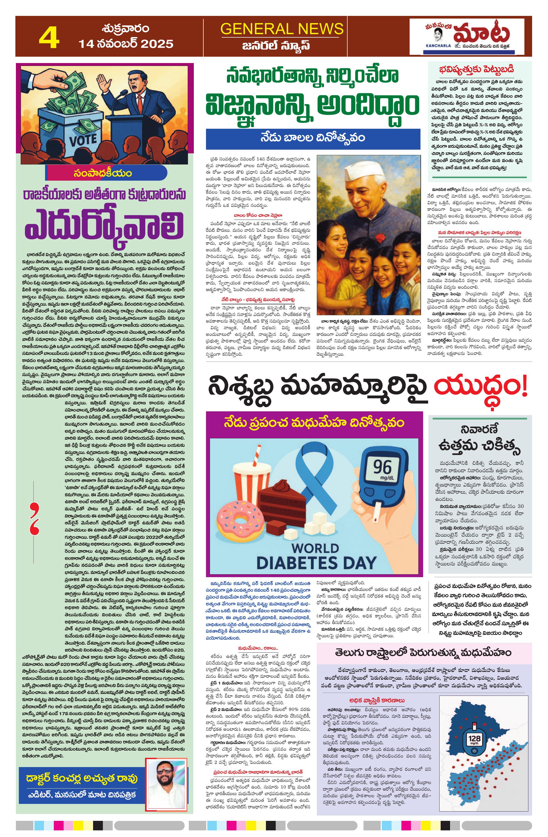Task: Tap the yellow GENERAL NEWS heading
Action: [282, 29]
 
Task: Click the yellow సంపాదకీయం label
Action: [103, 173]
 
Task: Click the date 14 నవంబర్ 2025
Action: [126, 44]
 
